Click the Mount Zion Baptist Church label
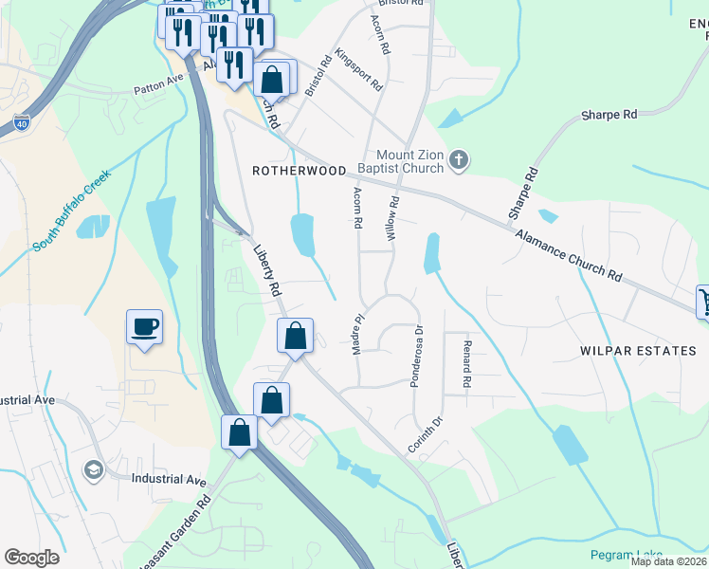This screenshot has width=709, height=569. pos(409,161)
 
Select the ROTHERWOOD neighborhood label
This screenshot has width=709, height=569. pos(299,171)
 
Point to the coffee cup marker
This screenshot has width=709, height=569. pos(144,327)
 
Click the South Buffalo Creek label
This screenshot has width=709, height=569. pos(72,211)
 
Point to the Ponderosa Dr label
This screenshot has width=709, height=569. pos(415,357)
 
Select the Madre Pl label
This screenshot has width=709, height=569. pos(358,337)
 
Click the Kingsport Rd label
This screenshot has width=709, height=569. pos(364,70)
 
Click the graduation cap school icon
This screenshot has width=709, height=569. pos(93,470)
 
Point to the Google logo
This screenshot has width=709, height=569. pos(32,558)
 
